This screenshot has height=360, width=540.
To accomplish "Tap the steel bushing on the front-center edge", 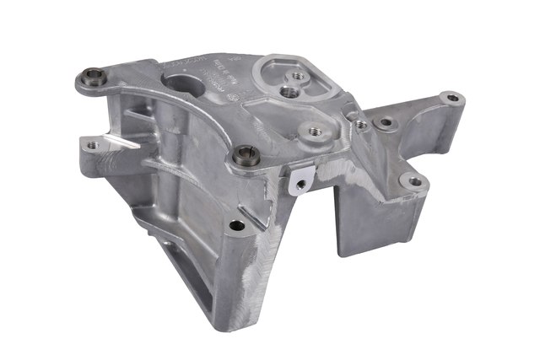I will pyautogui.click(x=246, y=154).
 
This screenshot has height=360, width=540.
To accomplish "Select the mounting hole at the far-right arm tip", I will pyautogui.click(x=452, y=99).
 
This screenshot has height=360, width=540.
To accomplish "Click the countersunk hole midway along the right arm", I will pyautogui.click(x=387, y=123).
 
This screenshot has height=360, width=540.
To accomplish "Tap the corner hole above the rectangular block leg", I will pyautogui.click(x=413, y=180).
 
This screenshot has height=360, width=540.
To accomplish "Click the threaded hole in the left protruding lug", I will pyautogui.click(x=92, y=145).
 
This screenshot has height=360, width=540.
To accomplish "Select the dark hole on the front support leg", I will pyautogui.click(x=237, y=225).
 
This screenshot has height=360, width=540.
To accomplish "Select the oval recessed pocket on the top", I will pyautogui.click(x=294, y=77).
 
